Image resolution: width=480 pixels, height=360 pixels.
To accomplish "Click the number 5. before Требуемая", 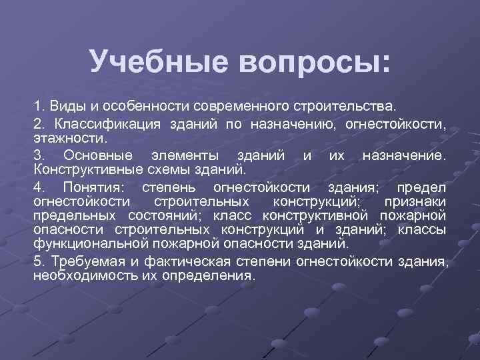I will pyautogui.click(x=39, y=261).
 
